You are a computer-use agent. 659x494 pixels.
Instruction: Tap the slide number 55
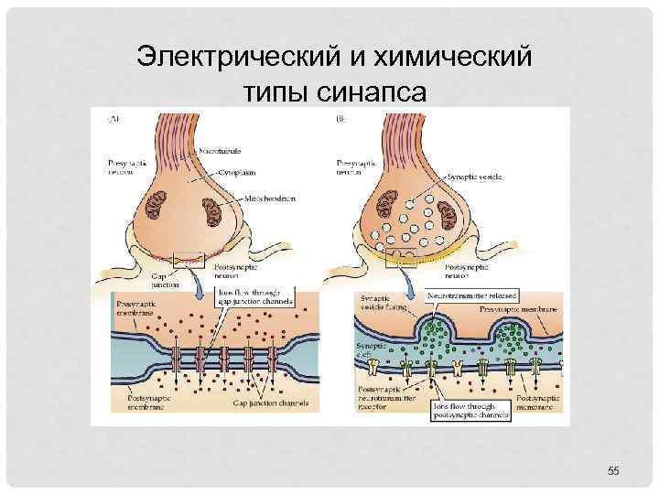[x=613, y=470]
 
